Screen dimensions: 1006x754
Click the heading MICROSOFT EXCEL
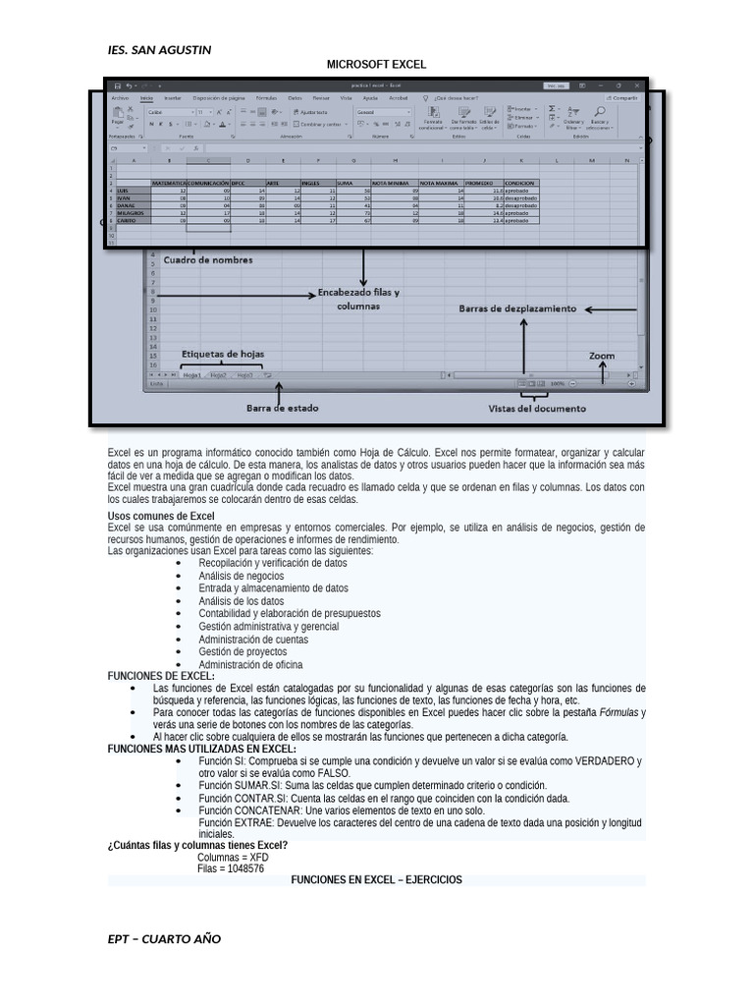376,65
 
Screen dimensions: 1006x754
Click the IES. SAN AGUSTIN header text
158,49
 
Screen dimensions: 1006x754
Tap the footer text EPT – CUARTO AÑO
164,938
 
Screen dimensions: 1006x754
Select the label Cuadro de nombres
208,260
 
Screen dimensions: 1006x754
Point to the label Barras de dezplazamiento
517,308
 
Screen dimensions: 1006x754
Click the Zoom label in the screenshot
603,355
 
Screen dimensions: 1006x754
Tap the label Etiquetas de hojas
223,354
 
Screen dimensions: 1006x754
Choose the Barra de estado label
282,407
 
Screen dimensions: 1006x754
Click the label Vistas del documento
537,408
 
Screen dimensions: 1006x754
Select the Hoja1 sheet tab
191,375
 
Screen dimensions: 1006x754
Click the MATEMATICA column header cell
169,184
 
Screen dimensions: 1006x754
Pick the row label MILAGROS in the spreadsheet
132,213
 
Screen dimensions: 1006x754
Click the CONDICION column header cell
520,184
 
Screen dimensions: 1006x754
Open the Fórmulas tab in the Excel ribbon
266,98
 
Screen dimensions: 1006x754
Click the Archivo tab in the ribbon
120,98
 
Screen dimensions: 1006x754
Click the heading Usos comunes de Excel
161,516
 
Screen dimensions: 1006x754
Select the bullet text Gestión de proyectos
242,651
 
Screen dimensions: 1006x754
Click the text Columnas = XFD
233,857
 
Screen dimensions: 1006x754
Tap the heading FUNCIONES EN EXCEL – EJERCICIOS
376,880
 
